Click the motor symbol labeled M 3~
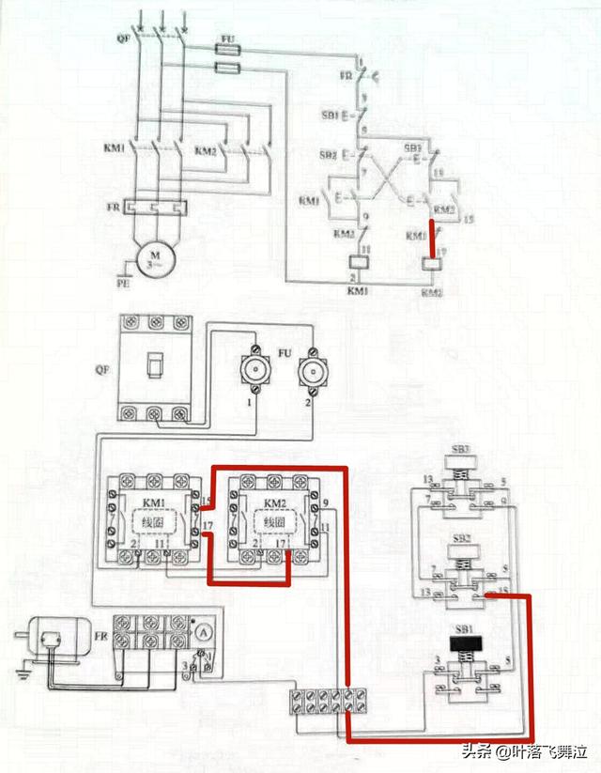(x=151, y=256)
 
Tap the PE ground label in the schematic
(x=120, y=280)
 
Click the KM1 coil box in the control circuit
(x=356, y=264)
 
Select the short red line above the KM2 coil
(x=432, y=240)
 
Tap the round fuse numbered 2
(x=310, y=372)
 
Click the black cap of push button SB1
(x=461, y=644)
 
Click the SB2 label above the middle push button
(x=461, y=536)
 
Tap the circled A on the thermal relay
(x=199, y=632)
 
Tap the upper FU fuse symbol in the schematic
(x=225, y=47)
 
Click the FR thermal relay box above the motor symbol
(x=151, y=206)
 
